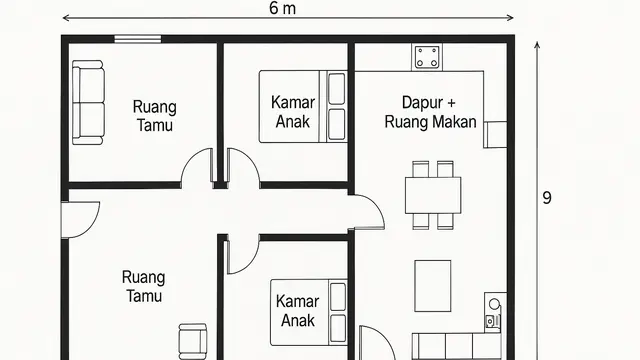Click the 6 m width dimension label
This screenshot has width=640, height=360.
pyautogui.click(x=287, y=7)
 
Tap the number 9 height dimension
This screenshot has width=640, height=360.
pyautogui.click(x=547, y=198)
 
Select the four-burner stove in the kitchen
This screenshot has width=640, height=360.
pyautogui.click(x=427, y=57)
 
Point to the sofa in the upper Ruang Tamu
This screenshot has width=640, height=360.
pyautogui.click(x=87, y=102)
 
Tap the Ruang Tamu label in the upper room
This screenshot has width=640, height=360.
pyautogui.click(x=154, y=116)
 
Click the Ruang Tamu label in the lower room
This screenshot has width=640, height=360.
pyautogui.click(x=143, y=287)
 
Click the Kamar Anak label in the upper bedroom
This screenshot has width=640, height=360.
pyautogui.click(x=293, y=112)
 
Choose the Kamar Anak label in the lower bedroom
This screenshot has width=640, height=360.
pyautogui.click(x=297, y=310)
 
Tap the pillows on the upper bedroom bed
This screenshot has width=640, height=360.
pyautogui.click(x=336, y=105)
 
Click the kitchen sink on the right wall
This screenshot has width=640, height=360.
pyautogui.click(x=492, y=312)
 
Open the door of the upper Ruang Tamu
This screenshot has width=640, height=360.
pyautogui.click(x=198, y=167)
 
